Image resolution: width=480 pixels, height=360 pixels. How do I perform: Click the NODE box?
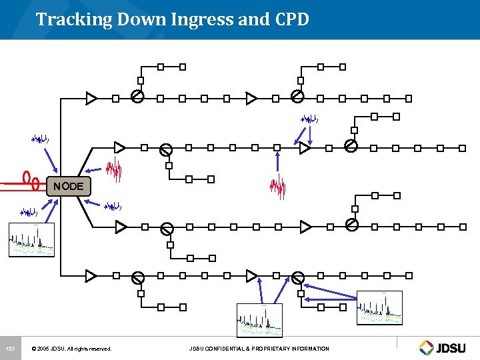[69, 186]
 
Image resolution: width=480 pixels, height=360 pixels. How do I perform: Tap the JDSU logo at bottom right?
[445, 347]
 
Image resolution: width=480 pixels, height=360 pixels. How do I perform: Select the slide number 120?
[10, 349]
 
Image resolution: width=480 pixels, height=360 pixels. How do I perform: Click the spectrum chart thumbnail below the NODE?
[31, 240]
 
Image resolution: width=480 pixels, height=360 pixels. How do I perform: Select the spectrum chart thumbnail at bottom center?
[259, 321]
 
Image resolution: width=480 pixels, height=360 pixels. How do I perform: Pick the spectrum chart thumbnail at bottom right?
[380, 308]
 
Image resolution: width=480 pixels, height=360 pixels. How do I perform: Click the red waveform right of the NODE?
[116, 170]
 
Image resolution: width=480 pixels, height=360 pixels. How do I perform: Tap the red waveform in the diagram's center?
[277, 188]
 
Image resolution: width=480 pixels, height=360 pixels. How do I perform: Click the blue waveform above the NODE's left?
[40, 139]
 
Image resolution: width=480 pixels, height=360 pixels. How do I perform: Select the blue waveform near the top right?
[309, 119]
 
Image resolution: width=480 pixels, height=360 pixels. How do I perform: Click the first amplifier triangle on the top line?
[91, 98]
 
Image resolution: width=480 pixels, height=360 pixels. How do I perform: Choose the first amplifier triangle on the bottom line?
[91, 275]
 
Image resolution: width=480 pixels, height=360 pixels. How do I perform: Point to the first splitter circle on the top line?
[137, 97]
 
